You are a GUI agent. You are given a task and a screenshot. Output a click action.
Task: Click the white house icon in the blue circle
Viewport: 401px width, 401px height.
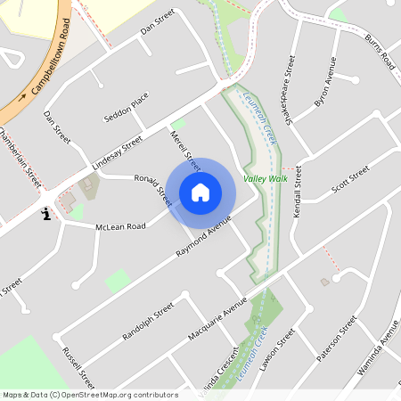tap(200, 192)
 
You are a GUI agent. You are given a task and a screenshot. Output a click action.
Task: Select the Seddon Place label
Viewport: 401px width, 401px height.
tap(126, 107)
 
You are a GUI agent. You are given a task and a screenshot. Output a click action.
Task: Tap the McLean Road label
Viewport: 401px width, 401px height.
tap(120, 226)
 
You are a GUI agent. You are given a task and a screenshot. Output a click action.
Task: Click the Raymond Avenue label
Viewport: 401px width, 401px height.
tap(204, 236)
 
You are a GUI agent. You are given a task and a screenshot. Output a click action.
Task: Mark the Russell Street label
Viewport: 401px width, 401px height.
tap(73, 360)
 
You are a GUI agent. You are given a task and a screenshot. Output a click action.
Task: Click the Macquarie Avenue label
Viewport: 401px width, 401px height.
tap(217, 321)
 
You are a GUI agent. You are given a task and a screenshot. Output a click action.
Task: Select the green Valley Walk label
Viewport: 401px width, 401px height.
tap(266, 178)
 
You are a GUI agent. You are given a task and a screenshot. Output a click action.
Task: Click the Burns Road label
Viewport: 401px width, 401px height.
tap(380, 53)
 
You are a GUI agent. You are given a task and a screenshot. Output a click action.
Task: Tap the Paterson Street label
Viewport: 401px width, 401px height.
tap(337, 339)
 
